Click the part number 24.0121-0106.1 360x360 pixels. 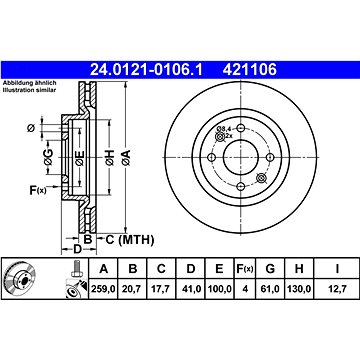point(146,70)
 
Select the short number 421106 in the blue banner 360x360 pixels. point(250,70)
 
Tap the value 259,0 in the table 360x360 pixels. point(103,289)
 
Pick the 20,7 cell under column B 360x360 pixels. point(133,289)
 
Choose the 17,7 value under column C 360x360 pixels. point(161,289)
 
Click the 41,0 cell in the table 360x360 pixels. point(191,289)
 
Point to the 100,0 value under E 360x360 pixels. point(219,289)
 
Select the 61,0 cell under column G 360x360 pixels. point(270,289)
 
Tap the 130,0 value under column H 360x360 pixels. point(299,289)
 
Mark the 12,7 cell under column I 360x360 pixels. point(337,289)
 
